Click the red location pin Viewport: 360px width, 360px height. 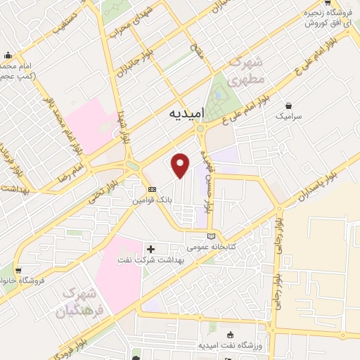(x=181, y=165)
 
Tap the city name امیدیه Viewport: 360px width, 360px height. (x=186, y=114)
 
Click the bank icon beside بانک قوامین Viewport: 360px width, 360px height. (x=152, y=189)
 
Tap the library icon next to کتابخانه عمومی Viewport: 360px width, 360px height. (x=212, y=236)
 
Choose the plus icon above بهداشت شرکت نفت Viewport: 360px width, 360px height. (x=150, y=249)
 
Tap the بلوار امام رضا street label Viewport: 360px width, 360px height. (x=74, y=162)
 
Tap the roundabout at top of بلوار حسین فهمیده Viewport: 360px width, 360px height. (x=200, y=129)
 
